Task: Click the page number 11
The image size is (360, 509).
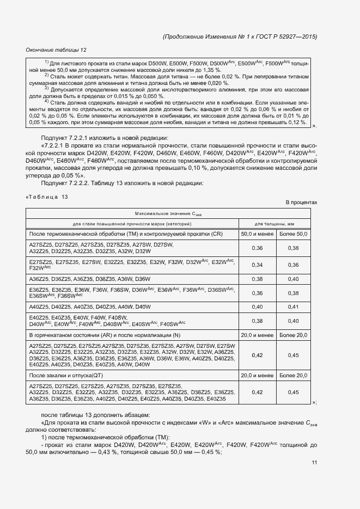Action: (x=314, y=462)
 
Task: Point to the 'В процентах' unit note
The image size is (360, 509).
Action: (x=301, y=203)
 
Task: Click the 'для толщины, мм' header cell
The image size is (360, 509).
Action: (x=275, y=224)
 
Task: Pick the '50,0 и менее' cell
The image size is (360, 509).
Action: (x=257, y=234)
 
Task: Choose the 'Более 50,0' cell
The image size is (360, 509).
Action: (x=293, y=234)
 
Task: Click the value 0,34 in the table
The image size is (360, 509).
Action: (x=257, y=265)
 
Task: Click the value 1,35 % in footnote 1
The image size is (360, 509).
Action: (x=210, y=71)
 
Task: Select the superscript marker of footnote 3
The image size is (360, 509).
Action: (x=47, y=88)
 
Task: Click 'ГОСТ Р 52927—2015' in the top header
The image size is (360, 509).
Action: (x=284, y=36)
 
